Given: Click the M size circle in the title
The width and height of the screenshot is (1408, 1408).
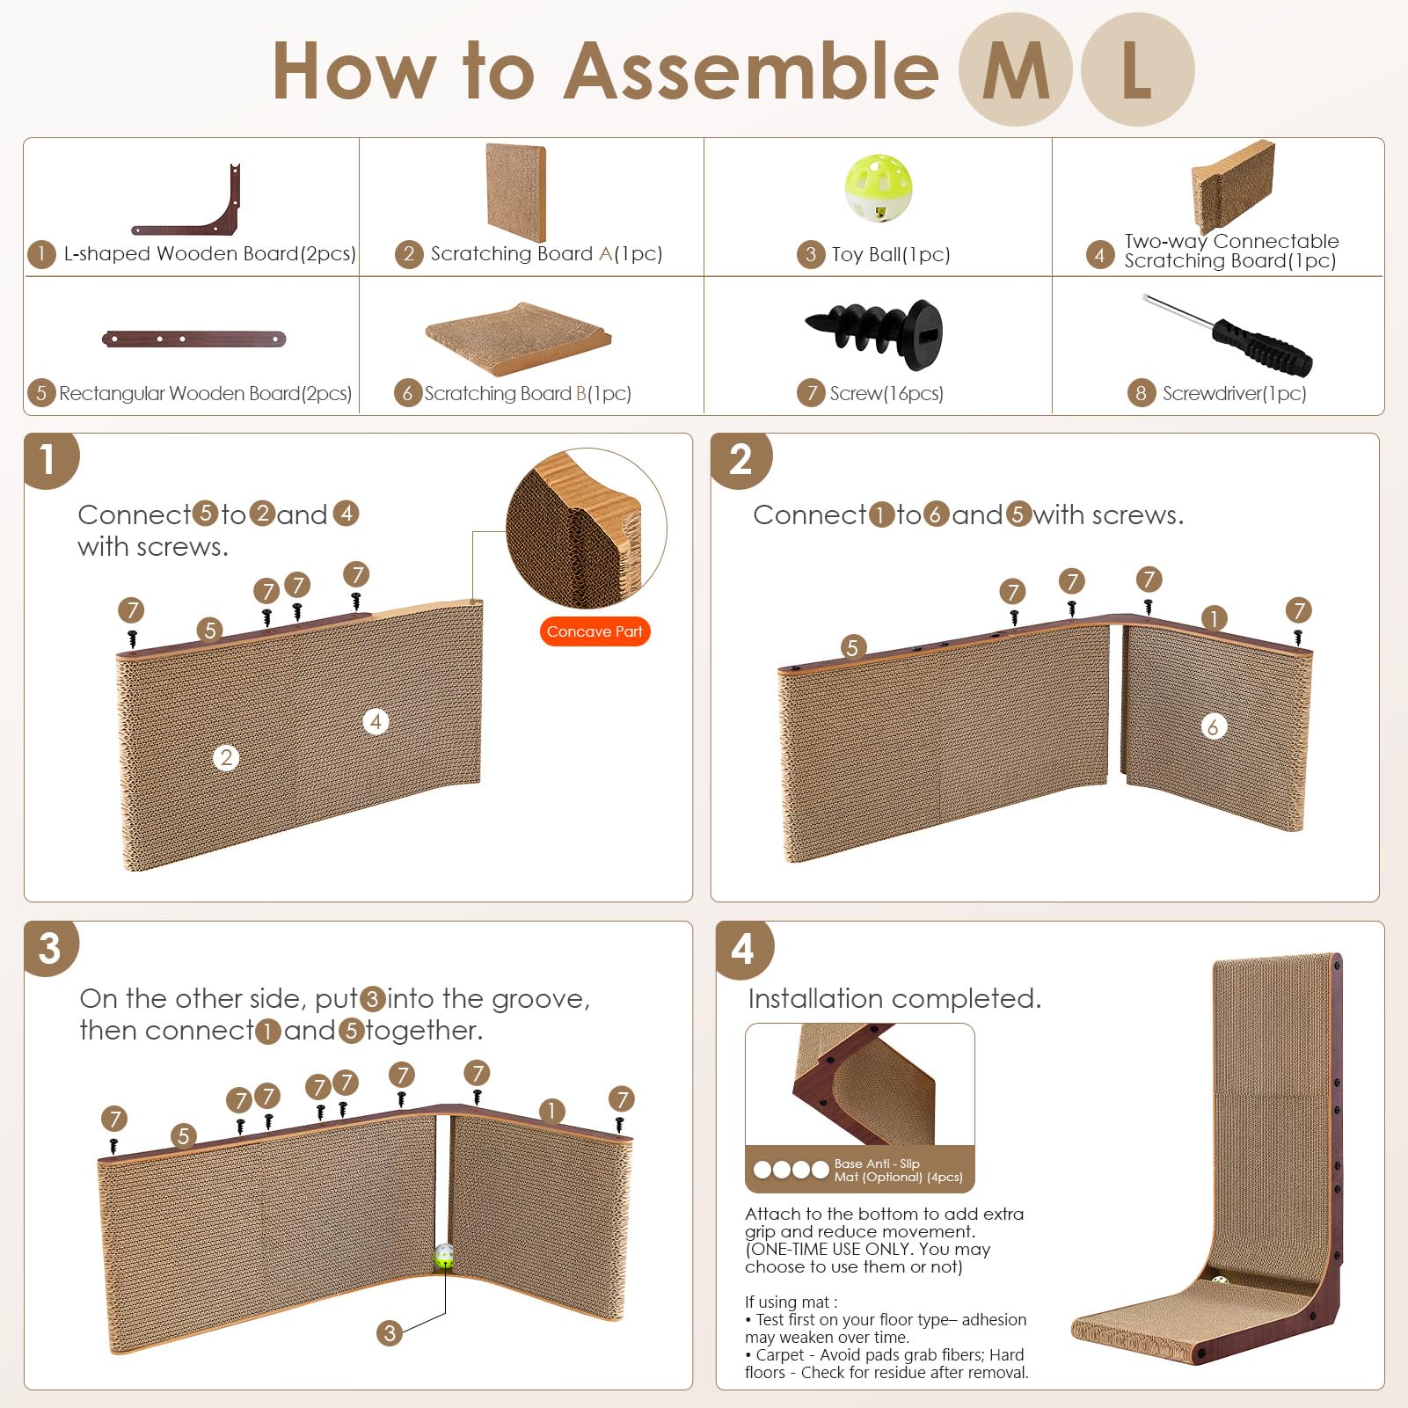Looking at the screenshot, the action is [x=1016, y=69].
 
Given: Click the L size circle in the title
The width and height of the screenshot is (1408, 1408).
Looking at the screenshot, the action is [x=1137, y=69].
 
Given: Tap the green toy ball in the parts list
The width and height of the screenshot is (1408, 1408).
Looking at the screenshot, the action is [x=878, y=188].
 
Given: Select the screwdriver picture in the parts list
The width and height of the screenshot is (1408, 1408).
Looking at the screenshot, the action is [x=1228, y=334].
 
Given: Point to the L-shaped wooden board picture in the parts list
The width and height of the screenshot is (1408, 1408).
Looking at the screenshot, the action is [x=187, y=201].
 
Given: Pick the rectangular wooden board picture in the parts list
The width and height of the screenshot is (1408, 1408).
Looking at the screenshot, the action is [x=194, y=339].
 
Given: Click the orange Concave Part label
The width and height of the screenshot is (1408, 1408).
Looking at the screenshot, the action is [x=595, y=631].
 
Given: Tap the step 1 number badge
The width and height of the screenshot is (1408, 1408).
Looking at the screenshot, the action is [x=50, y=459].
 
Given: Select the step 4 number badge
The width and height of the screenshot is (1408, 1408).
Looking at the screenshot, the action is [x=743, y=949].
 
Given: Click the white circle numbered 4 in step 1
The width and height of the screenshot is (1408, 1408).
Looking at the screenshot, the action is [x=376, y=722].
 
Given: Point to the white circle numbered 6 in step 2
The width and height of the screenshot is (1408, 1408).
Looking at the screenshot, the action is [x=1214, y=726].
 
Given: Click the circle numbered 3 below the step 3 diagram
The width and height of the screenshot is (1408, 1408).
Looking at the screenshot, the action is [x=390, y=1333].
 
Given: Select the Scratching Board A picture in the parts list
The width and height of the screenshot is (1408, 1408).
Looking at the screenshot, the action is [x=516, y=193].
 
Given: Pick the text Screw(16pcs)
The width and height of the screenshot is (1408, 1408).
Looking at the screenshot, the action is [x=886, y=393].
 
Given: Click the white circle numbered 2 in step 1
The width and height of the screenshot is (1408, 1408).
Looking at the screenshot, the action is [x=226, y=758].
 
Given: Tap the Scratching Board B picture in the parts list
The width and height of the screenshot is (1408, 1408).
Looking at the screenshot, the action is [x=519, y=339].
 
